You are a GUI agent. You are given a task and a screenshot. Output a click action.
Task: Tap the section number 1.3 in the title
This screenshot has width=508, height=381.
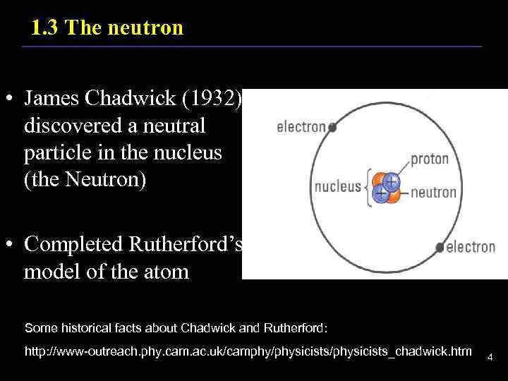(x=45, y=28)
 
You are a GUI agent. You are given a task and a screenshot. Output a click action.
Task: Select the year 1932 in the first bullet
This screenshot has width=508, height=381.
(x=212, y=100)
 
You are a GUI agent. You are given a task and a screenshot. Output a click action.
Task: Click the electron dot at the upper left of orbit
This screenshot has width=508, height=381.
(x=333, y=128)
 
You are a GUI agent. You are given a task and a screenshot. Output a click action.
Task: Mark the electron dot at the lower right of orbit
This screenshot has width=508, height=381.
(x=440, y=247)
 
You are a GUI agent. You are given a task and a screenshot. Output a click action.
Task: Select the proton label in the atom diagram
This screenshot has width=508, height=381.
(x=429, y=159)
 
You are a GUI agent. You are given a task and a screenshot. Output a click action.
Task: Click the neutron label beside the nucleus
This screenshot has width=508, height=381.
(x=433, y=192)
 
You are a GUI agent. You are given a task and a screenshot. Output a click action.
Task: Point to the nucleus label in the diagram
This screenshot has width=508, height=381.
(x=337, y=188)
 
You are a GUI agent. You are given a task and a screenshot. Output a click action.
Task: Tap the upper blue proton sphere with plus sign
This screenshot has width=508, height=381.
(x=389, y=182)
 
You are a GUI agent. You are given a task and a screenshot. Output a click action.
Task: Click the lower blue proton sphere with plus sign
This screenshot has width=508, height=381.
(x=380, y=193)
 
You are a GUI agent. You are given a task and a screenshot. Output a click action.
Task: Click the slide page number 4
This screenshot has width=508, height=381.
(x=490, y=358)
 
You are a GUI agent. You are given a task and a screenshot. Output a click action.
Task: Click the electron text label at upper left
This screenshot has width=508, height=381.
(x=301, y=128)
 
